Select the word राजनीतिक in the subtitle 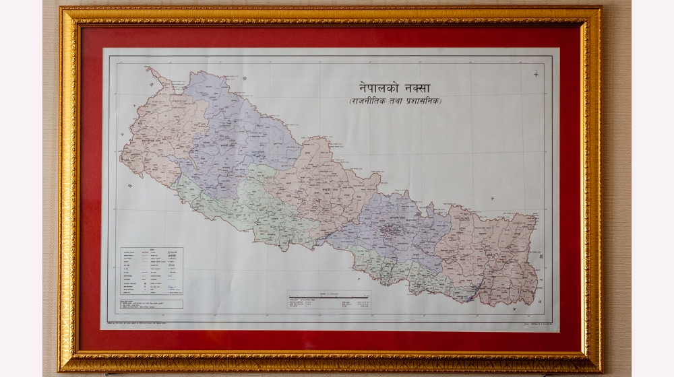point(367,101)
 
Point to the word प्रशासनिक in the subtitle point(422,101)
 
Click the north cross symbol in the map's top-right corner point(537,73)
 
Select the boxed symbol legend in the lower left point(152,272)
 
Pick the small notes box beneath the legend point(152,304)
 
